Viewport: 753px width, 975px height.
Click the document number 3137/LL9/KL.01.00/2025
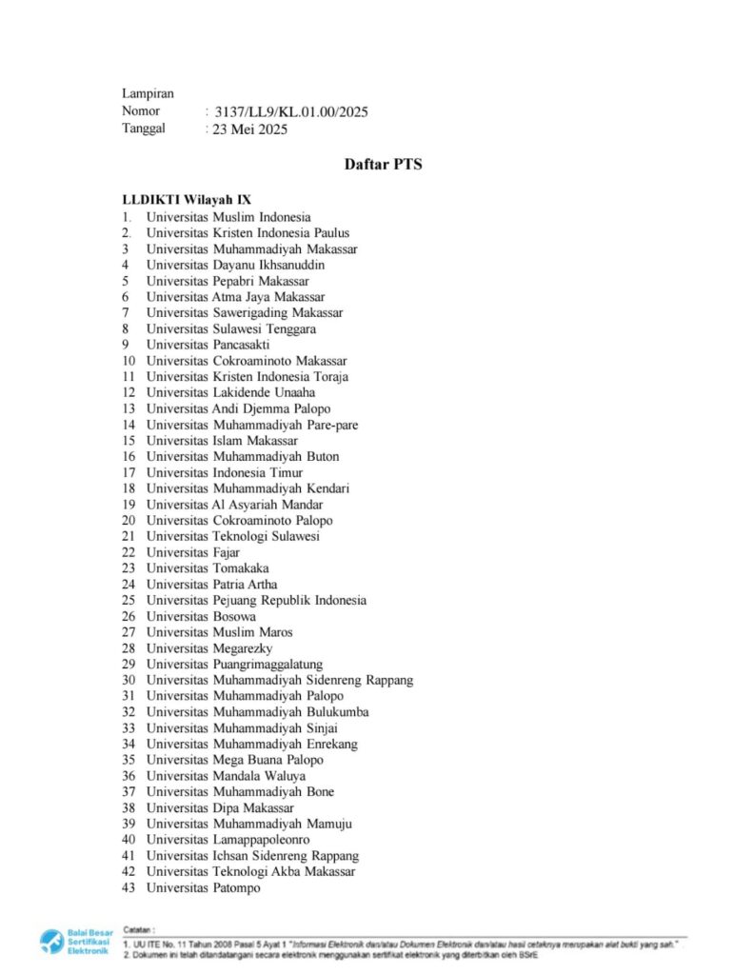coord(291,112)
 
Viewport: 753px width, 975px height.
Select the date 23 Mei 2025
coord(250,129)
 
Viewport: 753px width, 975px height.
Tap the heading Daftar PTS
coord(383,165)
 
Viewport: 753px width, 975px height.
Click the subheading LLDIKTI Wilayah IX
coord(187,200)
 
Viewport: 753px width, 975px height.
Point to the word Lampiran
coord(148,93)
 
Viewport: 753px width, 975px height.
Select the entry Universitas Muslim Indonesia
coord(228,217)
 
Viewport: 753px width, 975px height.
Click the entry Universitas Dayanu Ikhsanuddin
coord(235,265)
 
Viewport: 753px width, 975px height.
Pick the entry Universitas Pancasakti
coord(208,345)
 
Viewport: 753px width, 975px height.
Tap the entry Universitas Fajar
coord(193,552)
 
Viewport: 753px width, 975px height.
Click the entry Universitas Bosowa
coord(201,616)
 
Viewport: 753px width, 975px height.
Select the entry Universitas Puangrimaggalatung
coord(234,665)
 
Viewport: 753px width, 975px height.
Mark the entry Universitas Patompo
coord(203,888)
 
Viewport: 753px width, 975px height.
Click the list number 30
coord(129,680)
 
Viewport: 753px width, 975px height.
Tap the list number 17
coord(129,472)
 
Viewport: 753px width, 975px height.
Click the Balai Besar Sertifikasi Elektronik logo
coord(76,942)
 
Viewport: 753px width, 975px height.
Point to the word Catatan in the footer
coord(140,927)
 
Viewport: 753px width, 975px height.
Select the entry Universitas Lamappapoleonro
coord(228,840)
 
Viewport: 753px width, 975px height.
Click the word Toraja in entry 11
coord(329,376)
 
